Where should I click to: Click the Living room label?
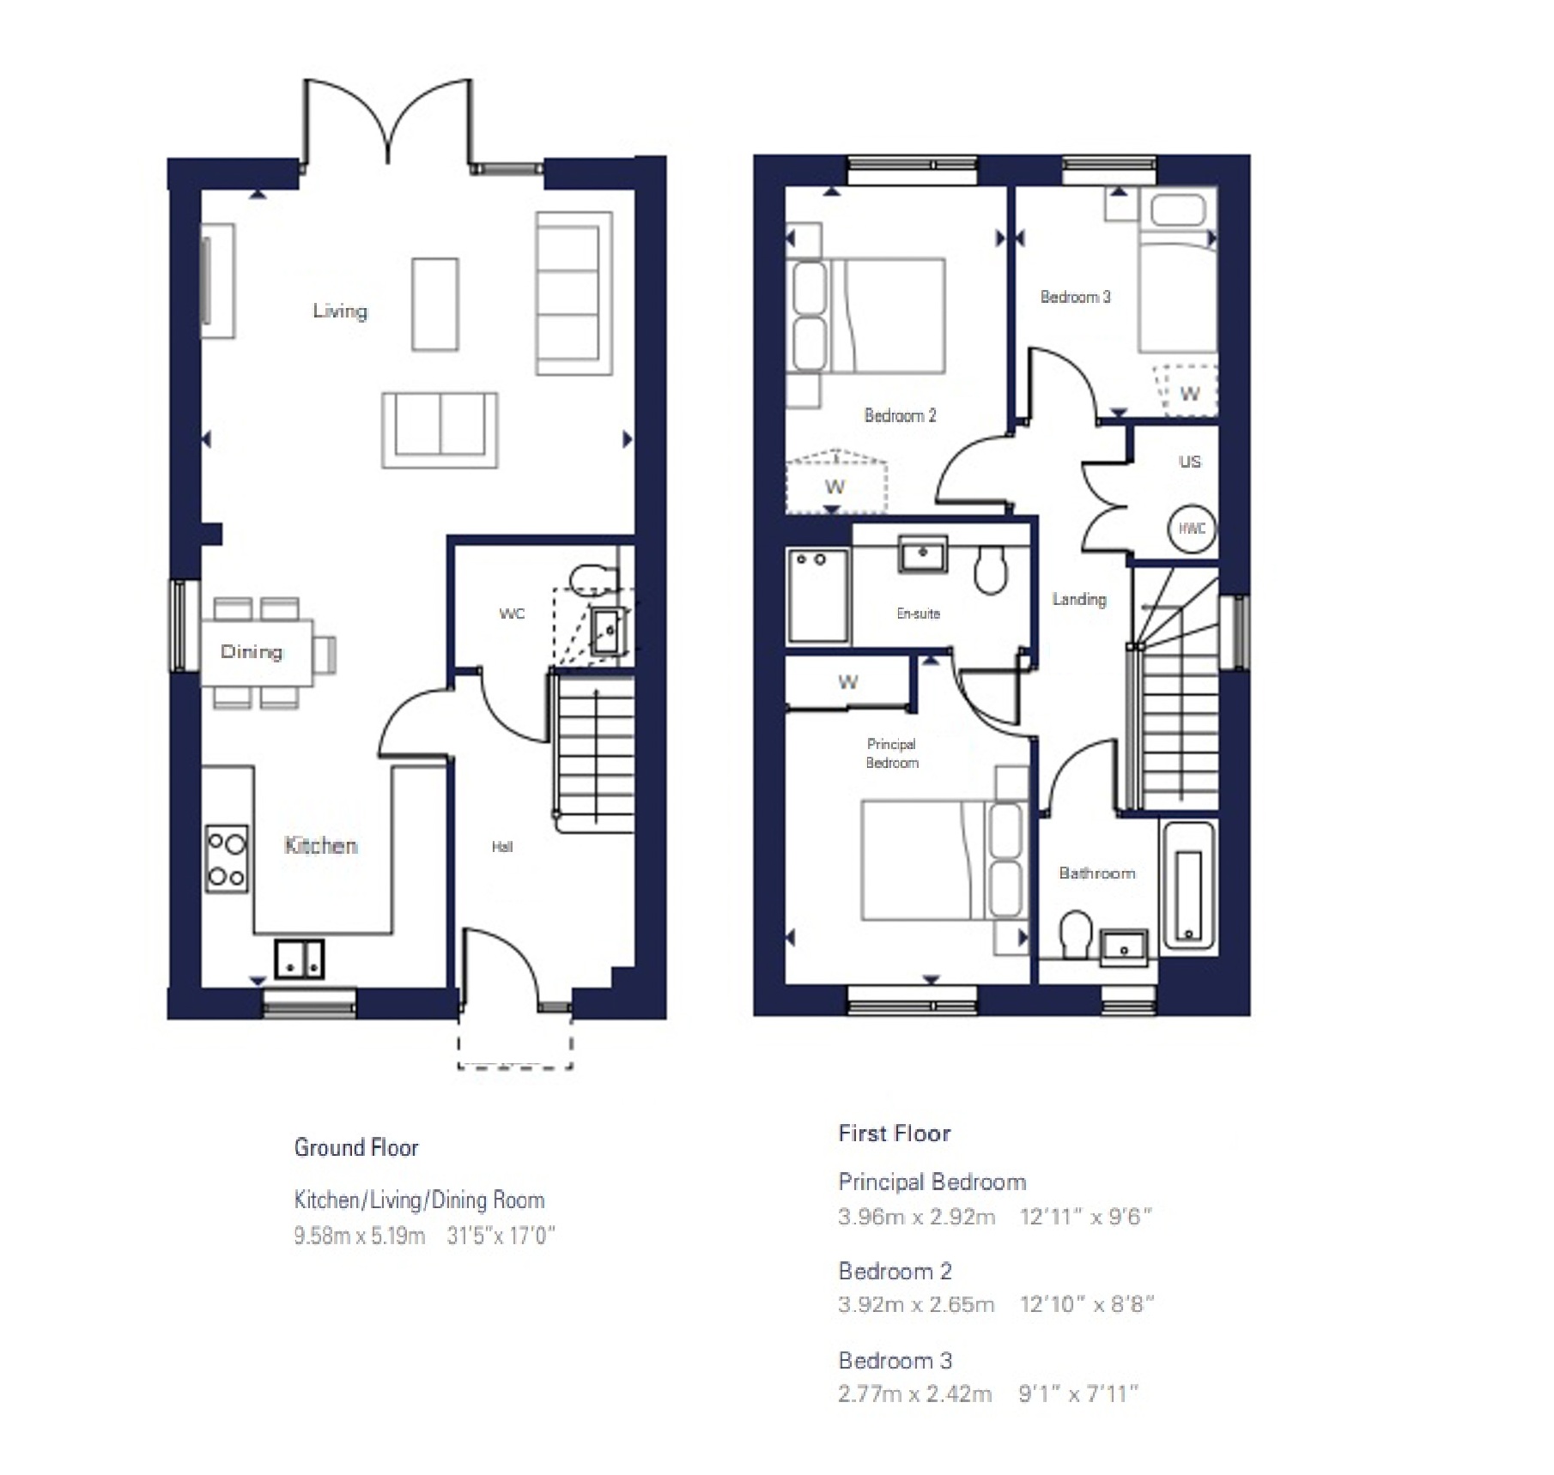tap(340, 311)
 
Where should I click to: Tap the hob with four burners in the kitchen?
tap(227, 859)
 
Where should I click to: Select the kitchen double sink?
tap(299, 959)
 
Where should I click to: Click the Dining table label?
tap(251, 651)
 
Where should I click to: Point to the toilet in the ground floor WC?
tap(592, 580)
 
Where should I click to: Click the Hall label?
tap(502, 847)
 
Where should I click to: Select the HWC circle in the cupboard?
tap(1192, 529)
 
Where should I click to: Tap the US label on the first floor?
tap(1190, 462)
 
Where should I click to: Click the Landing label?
tap(1079, 599)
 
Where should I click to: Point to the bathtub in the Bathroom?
tap(1188, 886)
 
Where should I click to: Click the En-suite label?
tap(918, 614)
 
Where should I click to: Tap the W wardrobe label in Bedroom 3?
tap(1189, 394)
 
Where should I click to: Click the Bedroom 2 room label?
tap(900, 415)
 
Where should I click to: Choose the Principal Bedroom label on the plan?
tap(891, 753)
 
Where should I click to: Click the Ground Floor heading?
tap(356, 1147)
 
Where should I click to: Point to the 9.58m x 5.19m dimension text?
tap(360, 1236)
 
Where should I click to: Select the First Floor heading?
tap(894, 1133)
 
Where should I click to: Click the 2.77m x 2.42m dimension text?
tap(914, 1393)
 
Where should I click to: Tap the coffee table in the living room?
tap(434, 304)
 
